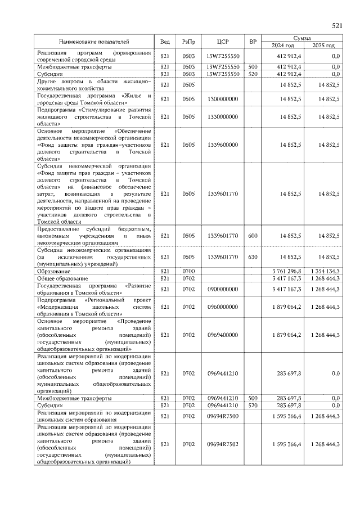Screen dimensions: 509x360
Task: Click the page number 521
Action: pyautogui.click(x=337, y=26)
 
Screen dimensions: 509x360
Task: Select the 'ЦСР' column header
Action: pyautogui.click(x=223, y=42)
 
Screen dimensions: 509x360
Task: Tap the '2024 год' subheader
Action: pyautogui.click(x=283, y=46)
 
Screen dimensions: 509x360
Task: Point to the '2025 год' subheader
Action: pyautogui.click(x=323, y=46)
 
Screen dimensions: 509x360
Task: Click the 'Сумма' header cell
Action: pyautogui.click(x=303, y=38)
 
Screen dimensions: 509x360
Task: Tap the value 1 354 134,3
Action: pyautogui.click(x=324, y=271)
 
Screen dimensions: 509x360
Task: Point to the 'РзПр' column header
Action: pyautogui.click(x=188, y=42)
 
